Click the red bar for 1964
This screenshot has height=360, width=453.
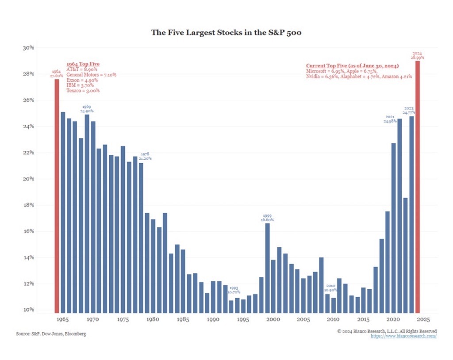57,195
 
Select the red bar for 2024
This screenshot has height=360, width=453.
418,186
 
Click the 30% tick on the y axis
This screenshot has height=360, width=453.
28,48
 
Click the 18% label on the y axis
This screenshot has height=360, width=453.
28,205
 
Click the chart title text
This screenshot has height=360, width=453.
226,32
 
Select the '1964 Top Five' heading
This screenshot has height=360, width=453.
83,64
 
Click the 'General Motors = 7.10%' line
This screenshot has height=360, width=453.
91,75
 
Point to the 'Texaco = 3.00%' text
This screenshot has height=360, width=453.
83,91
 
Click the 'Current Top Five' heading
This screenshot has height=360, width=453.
352,65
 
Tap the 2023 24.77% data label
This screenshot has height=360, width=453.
409,111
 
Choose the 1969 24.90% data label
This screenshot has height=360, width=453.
87,109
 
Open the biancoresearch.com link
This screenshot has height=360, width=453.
403,336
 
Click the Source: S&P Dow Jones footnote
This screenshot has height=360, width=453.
51,333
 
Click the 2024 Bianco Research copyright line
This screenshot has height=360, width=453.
387,331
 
